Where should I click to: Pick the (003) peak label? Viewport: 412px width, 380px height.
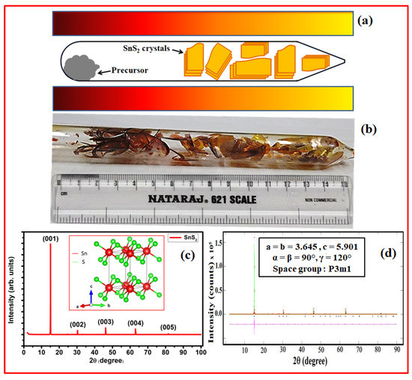[106, 322]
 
